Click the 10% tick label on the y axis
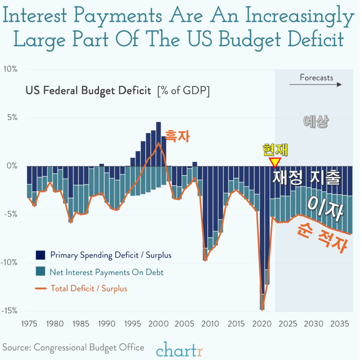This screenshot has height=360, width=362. pos(10,69)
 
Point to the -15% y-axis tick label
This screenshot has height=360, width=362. pos(9,311)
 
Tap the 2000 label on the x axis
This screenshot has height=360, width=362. pos(158,324)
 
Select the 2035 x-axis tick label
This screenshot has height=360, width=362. pos(340,324)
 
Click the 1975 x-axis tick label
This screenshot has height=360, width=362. pos(29,324)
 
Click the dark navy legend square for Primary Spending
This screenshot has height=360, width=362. pos(40,255)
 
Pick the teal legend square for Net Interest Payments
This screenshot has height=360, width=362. pos(40,271)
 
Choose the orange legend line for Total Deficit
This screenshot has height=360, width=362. pos(41,288)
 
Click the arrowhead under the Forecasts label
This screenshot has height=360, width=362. pos(340,84)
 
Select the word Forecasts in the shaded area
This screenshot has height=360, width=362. pos(316,78)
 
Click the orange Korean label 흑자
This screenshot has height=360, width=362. pos(177,137)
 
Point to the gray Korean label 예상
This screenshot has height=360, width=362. pos(316,121)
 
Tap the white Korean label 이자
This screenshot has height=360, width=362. pos(325,208)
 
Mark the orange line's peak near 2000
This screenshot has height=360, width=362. pos(158,143)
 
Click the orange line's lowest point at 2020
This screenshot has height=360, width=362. pos(262,310)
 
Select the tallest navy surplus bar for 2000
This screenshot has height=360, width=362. pos(158,144)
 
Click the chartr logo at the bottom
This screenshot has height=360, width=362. pos(179,349)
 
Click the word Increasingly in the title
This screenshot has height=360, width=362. pos(300,17)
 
